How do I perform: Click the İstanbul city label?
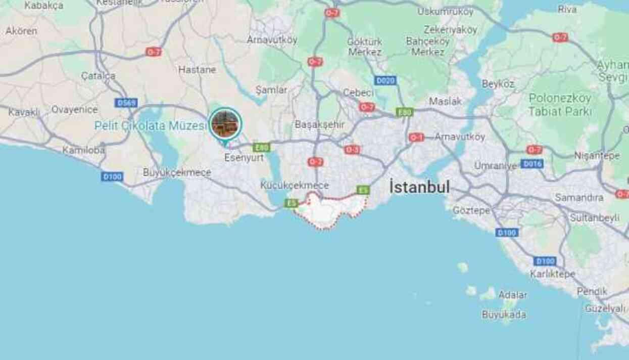click(419, 187)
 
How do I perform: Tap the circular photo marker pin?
click(225, 124)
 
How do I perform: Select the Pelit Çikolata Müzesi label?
click(151, 126)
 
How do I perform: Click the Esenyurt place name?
click(244, 158)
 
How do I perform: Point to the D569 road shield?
click(126, 103)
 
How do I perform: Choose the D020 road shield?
click(385, 80)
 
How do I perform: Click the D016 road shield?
click(532, 163)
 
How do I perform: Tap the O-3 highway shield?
click(352, 150)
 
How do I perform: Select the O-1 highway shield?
click(416, 137)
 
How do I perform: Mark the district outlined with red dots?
click(331, 211)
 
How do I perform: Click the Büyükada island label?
click(503, 314)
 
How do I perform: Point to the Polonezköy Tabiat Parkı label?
click(560, 105)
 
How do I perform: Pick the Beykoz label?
click(498, 84)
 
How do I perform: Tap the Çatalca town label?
click(98, 76)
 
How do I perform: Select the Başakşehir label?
click(319, 124)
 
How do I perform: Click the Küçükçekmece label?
click(295, 186)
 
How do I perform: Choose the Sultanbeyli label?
click(594, 218)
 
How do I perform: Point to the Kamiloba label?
click(83, 150)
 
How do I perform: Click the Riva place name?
click(567, 9)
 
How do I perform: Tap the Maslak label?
click(445, 101)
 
